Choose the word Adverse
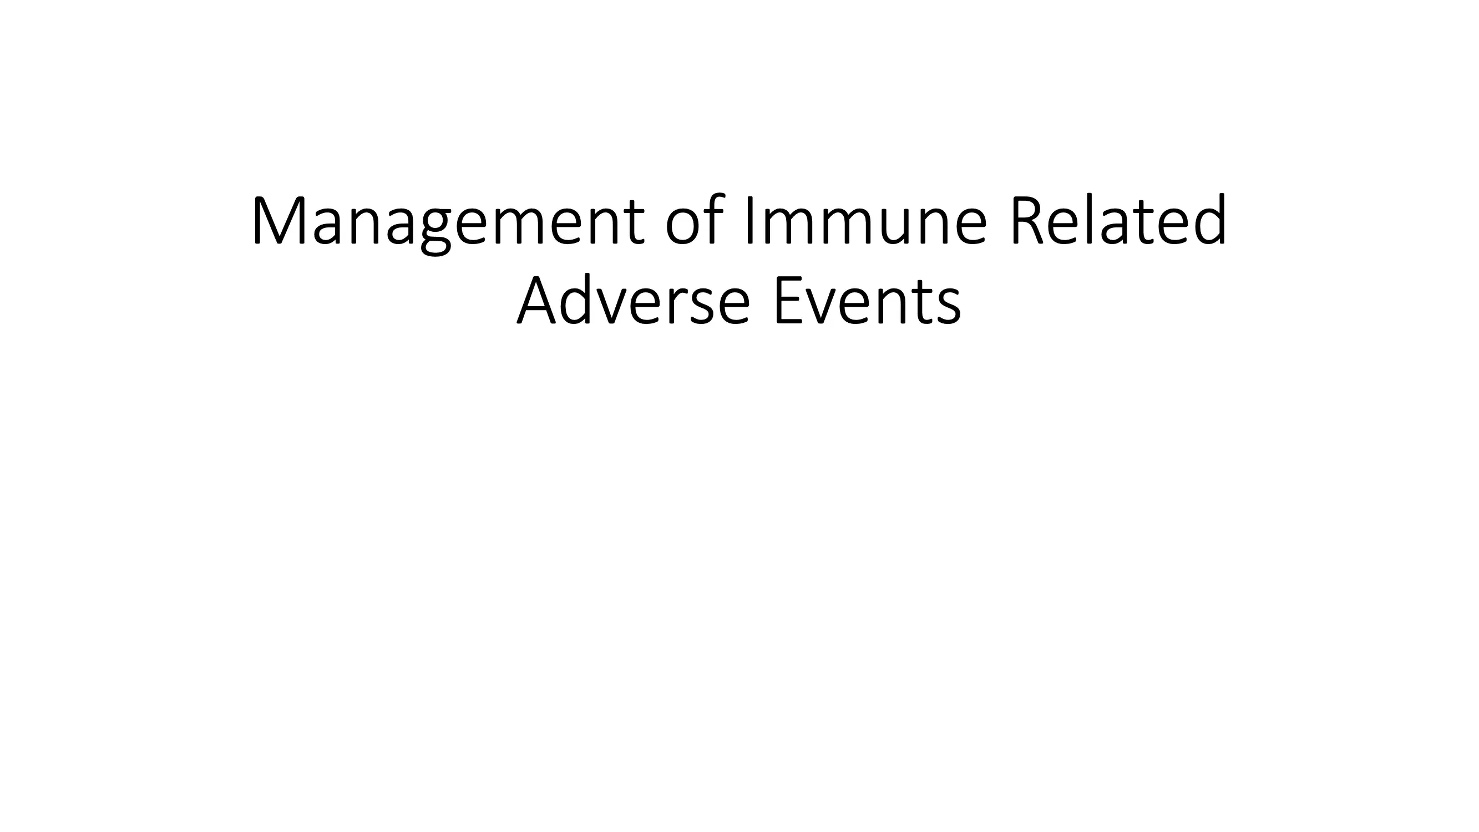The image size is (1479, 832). point(634,298)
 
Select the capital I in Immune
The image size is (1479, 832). point(749,221)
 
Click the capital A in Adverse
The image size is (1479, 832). point(540,300)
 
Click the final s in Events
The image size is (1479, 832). point(947,306)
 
